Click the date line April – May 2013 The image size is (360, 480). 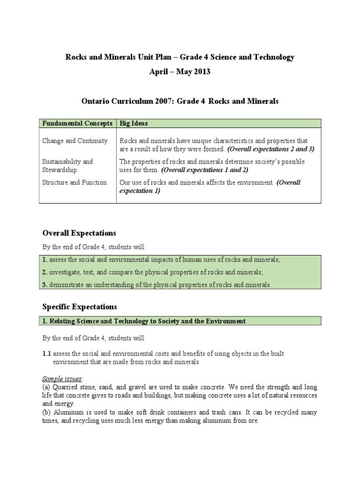[x=180, y=72]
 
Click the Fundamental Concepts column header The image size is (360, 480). [x=77, y=123]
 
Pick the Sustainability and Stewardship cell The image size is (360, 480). [x=67, y=165]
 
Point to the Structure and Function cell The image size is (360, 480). [x=74, y=182]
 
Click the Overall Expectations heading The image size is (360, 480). [x=79, y=233]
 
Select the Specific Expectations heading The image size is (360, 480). [x=79, y=307]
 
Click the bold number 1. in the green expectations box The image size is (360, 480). [x=45, y=260]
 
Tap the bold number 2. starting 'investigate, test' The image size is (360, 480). [x=45, y=272]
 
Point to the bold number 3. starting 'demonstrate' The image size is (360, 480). [x=45, y=285]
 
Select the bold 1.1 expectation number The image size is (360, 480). [x=47, y=353]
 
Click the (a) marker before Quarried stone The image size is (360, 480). [x=46, y=387]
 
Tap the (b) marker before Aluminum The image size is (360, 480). [x=46, y=412]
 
